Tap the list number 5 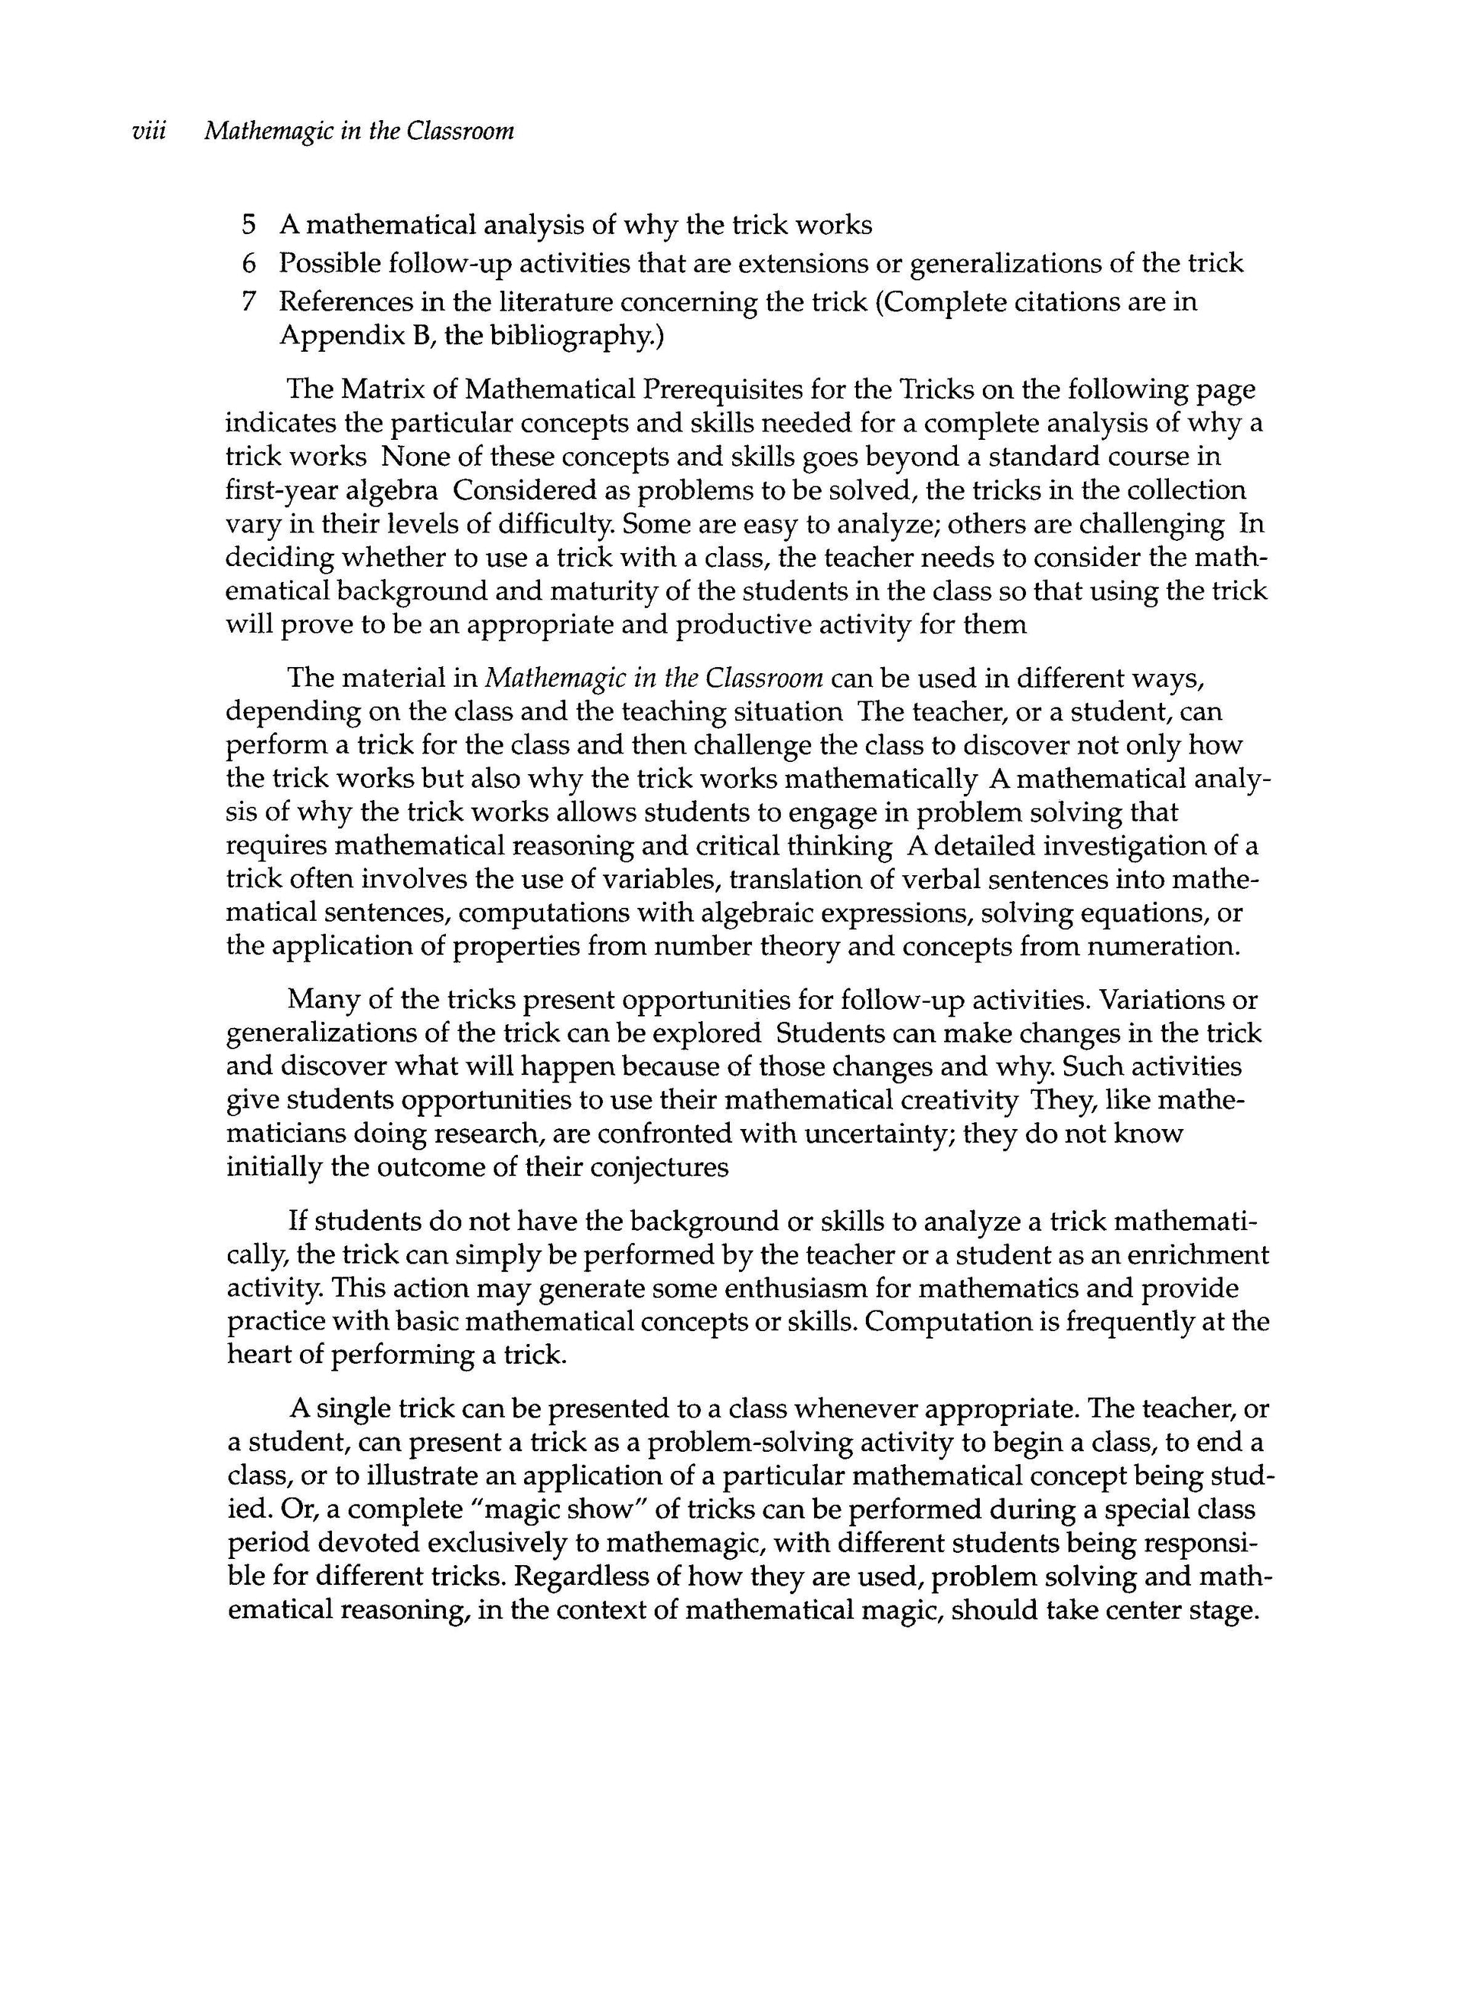click(250, 225)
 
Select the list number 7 click(250, 302)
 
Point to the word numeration click(1163, 947)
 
